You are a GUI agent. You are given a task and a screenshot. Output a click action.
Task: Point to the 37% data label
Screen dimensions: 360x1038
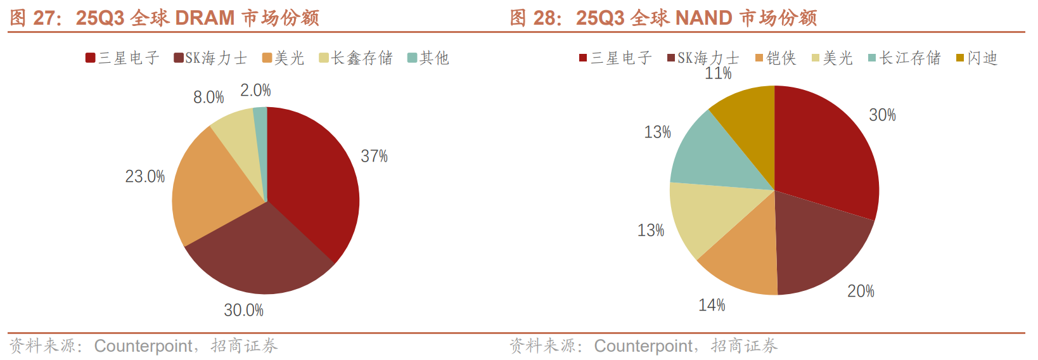click(x=374, y=156)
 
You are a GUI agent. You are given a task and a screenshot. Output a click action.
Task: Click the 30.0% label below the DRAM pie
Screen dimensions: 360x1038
click(x=243, y=310)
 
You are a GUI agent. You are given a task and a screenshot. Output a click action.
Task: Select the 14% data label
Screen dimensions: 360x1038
click(x=712, y=305)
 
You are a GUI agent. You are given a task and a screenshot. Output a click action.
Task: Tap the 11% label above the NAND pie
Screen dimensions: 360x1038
click(x=718, y=74)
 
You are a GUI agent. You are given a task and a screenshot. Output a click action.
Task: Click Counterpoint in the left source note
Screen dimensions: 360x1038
click(x=143, y=346)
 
